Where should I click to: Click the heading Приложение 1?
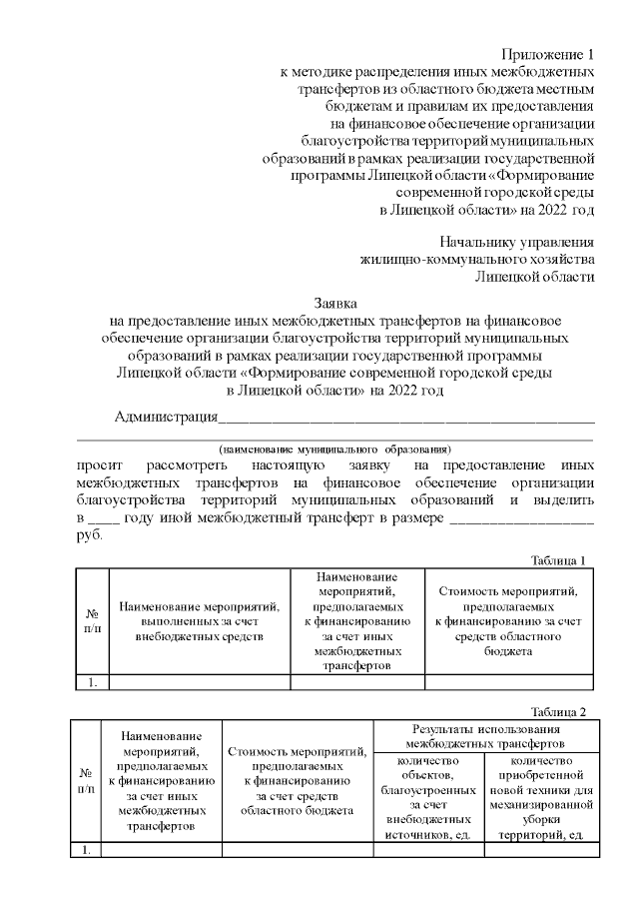click(549, 55)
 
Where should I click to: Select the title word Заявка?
click(335, 303)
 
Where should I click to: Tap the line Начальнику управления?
click(517, 242)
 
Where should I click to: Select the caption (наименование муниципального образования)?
click(335, 449)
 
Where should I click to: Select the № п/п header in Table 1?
click(92, 621)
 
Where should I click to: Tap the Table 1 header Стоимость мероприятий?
click(508, 620)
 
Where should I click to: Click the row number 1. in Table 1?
click(92, 682)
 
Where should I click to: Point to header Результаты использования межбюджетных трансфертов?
click(486, 736)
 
